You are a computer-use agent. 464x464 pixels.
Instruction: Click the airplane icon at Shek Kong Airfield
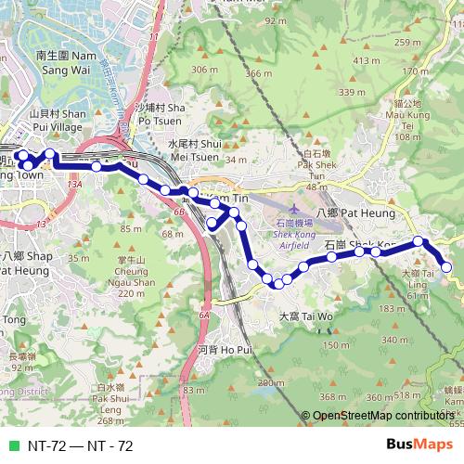pos(294,212)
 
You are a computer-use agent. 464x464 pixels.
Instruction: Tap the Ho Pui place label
pos(225,350)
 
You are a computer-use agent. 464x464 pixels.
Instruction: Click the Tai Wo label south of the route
pos(305,316)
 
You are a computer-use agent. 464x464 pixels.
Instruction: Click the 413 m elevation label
pos(367,60)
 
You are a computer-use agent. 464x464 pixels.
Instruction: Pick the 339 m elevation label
pos(352,92)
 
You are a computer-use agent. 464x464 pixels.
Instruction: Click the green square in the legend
pos(12,445)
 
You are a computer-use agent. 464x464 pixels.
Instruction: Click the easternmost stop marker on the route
pos(446,267)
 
